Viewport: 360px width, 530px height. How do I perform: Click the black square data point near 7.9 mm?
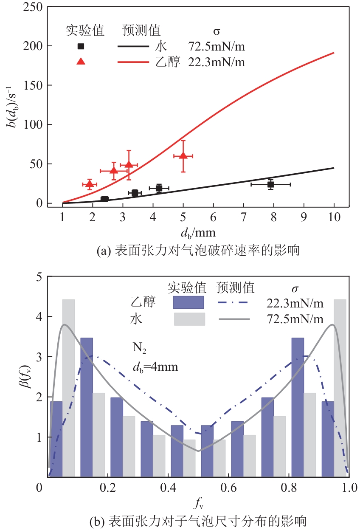(270, 184)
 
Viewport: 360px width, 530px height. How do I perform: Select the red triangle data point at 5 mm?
(183, 156)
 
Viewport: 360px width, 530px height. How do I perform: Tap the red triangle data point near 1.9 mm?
(89, 184)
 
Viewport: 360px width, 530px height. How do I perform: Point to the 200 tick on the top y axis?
(36, 46)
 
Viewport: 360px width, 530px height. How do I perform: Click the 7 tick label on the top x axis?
(243, 217)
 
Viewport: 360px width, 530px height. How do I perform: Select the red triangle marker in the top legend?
(81, 61)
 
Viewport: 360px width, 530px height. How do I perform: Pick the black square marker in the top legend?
(81, 46)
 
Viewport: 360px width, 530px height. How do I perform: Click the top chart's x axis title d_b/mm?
(198, 232)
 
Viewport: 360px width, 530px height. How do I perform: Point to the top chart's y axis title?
(16, 104)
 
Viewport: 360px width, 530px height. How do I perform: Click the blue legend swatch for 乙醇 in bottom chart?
(188, 302)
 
